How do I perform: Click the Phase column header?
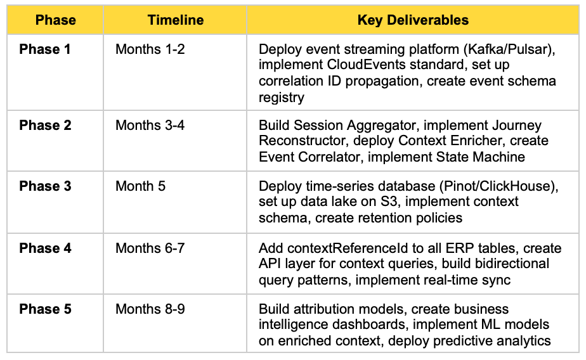click(55, 20)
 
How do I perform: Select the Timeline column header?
click(175, 20)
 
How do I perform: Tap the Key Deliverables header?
click(413, 20)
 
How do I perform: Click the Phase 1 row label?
click(45, 49)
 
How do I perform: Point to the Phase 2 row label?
click(45, 125)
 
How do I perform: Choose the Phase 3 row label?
click(45, 186)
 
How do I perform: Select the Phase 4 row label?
click(45, 248)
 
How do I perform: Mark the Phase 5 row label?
click(45, 309)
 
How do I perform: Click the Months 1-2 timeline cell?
click(150, 49)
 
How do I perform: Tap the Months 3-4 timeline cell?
click(150, 125)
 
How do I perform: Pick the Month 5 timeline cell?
click(140, 186)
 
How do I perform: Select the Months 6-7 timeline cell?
click(150, 248)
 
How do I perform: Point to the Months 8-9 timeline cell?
click(150, 309)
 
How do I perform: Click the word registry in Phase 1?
click(282, 98)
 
